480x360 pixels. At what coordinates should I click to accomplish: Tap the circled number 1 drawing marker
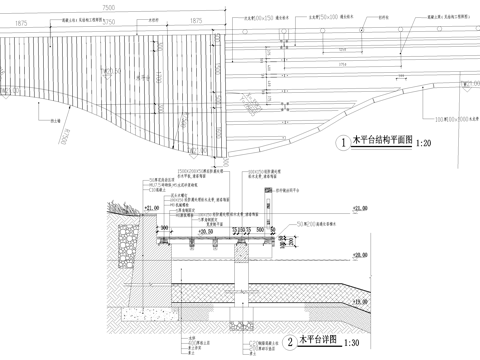344,144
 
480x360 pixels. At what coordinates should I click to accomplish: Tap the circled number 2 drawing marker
290,342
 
